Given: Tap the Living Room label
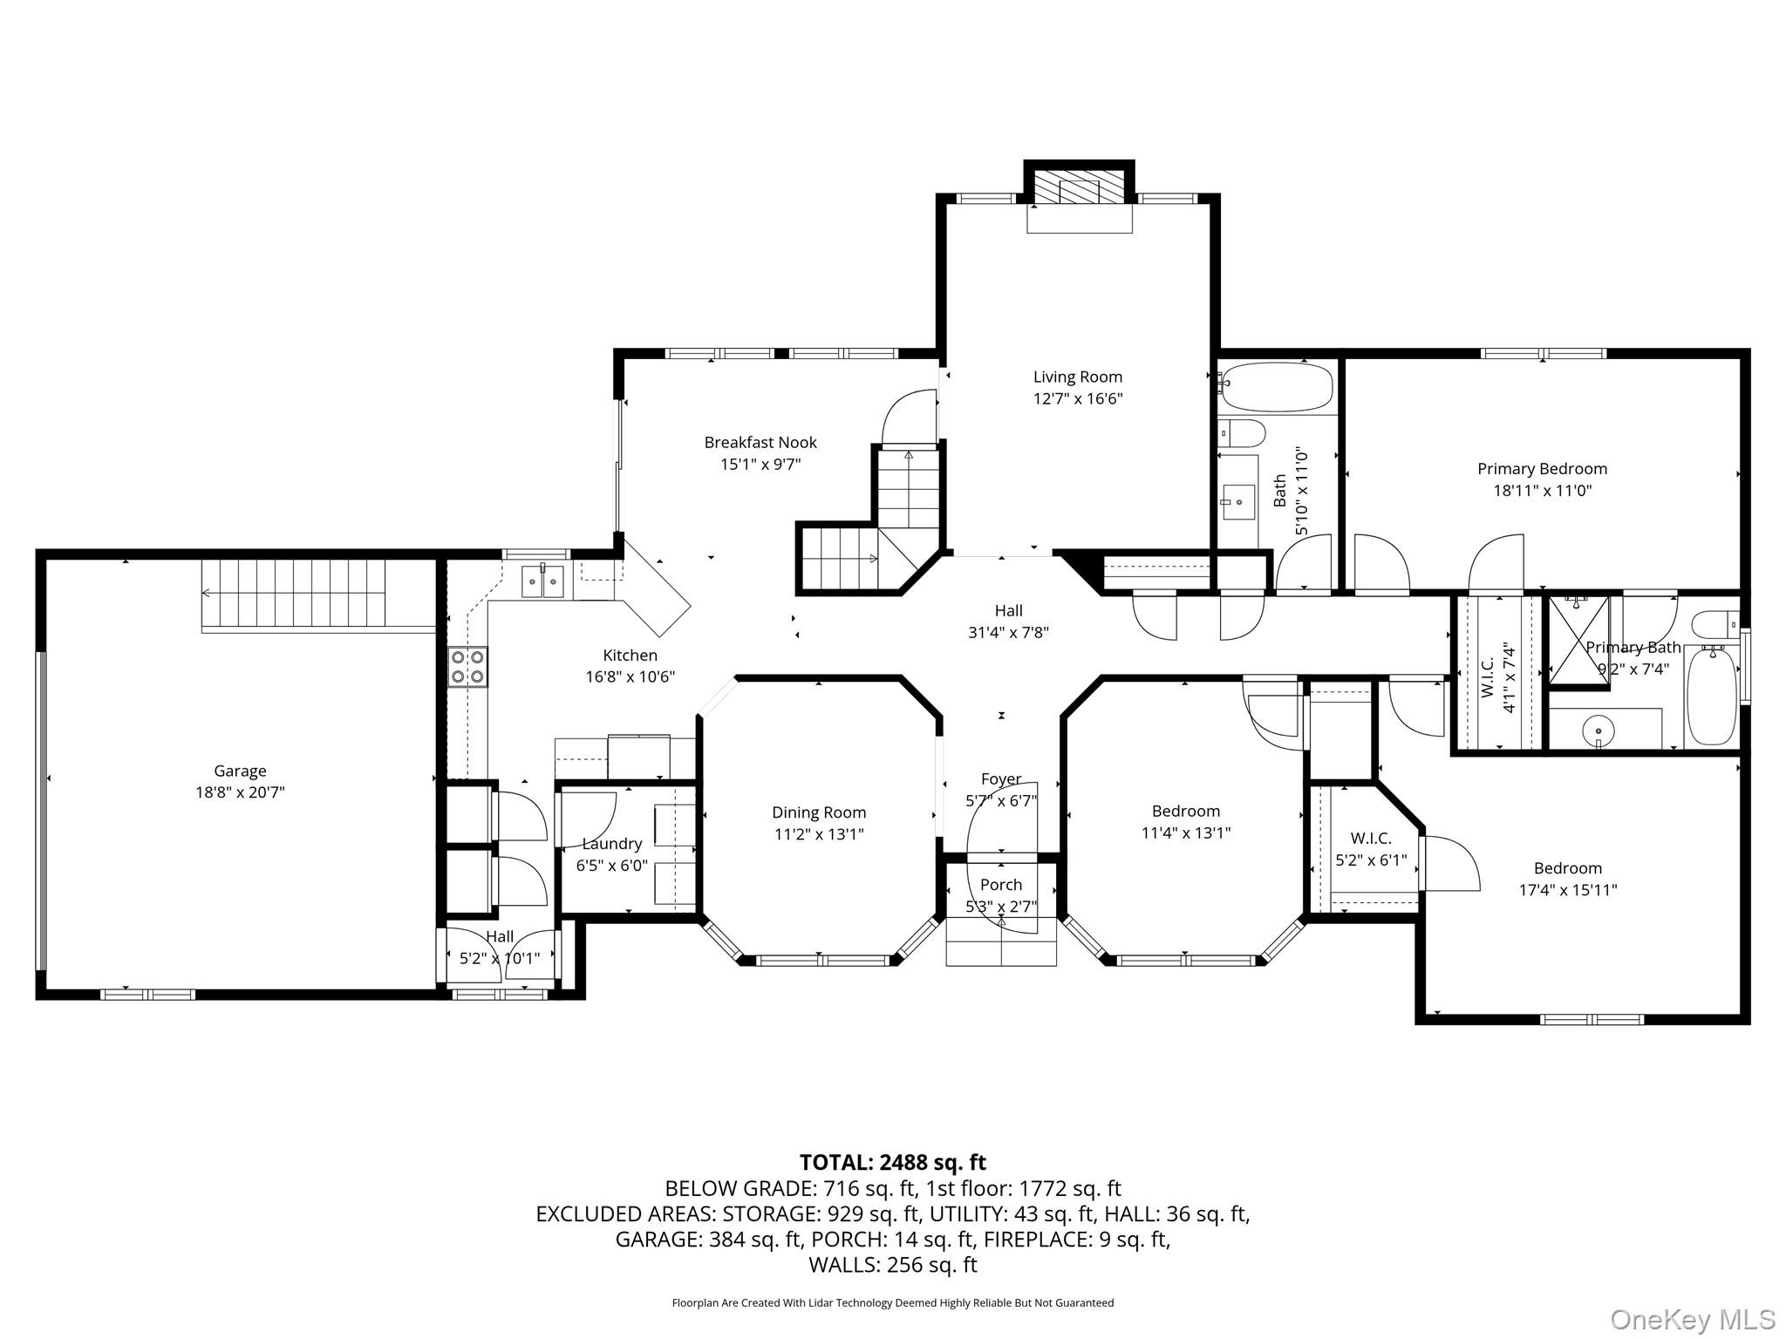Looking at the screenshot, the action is point(1078,377).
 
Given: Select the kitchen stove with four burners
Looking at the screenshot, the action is point(468,667).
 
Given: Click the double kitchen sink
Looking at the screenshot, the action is point(542,581).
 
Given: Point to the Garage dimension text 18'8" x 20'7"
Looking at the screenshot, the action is point(240,792).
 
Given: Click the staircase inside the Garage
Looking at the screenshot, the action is point(294,594).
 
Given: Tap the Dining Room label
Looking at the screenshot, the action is point(819,812).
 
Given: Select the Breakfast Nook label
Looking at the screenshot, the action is point(760,442).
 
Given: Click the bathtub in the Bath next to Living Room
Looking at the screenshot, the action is point(1278,388).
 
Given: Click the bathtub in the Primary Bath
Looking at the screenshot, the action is point(1712,696).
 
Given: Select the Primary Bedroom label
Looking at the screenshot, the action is point(1542,468).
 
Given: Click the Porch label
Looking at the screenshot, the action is point(1001,885).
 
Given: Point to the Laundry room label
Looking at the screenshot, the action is point(612,844).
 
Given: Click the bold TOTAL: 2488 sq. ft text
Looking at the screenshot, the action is point(893,1162).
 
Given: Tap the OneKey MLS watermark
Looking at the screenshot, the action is point(1693,1319).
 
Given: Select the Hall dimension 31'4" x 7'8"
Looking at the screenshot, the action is point(1008,632).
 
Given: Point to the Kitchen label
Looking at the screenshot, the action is point(631,655).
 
